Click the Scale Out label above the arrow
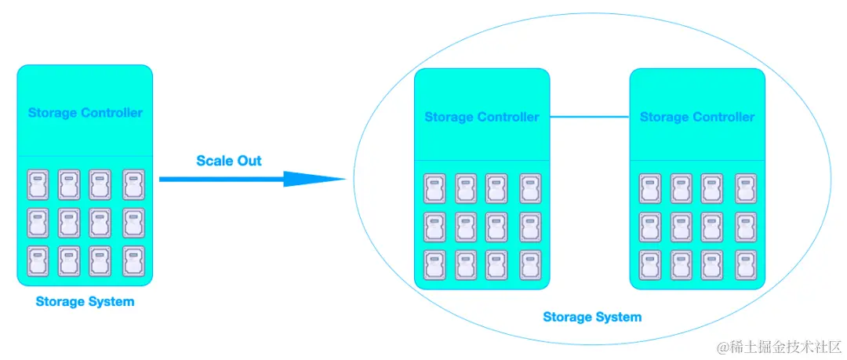coord(229,161)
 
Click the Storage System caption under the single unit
coord(85,301)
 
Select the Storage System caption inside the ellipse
coord(592,317)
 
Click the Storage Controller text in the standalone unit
coord(85,112)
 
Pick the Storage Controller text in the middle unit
coord(482,117)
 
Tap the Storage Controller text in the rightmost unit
coord(697,117)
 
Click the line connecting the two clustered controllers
coord(590,117)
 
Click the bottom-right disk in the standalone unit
coord(133,260)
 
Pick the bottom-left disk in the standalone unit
coord(38,260)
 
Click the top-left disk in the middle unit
coord(434,189)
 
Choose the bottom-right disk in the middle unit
coord(529,265)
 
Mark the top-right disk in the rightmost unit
coord(745,189)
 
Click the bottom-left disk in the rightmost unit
coord(650,265)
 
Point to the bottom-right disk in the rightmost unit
coord(745,265)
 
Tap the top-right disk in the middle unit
coord(529,189)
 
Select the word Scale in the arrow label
coord(214,161)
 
